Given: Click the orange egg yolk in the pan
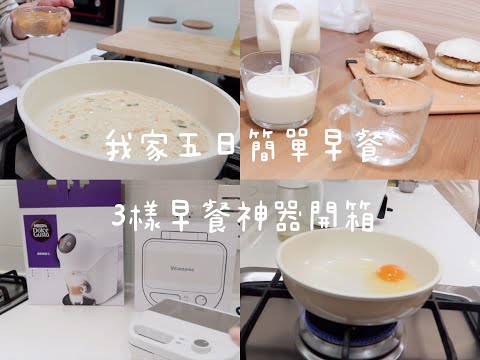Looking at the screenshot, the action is (391, 273).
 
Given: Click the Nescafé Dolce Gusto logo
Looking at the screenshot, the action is (40, 229).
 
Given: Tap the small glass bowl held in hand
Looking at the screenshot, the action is (41, 21).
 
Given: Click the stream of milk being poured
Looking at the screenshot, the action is (284, 43).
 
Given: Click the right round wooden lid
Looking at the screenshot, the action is (197, 24).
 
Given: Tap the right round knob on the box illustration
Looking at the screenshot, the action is (200, 299).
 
